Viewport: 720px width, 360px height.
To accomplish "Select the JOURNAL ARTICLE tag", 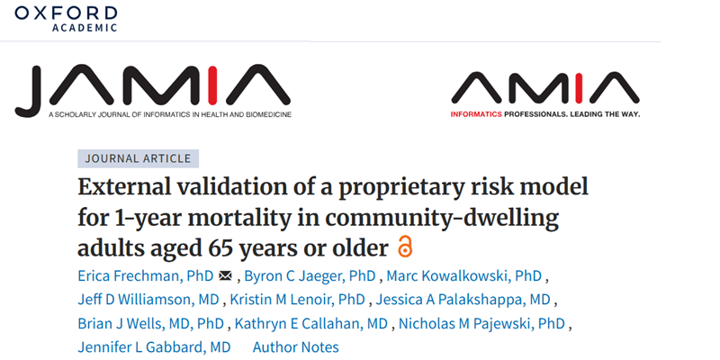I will [x=138, y=158].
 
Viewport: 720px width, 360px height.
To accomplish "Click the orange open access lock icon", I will [x=405, y=247].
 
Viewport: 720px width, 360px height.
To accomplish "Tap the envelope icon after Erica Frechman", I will [x=225, y=275].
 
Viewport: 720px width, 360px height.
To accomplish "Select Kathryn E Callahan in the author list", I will [x=311, y=323].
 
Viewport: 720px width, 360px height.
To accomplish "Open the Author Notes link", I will [x=296, y=346].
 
